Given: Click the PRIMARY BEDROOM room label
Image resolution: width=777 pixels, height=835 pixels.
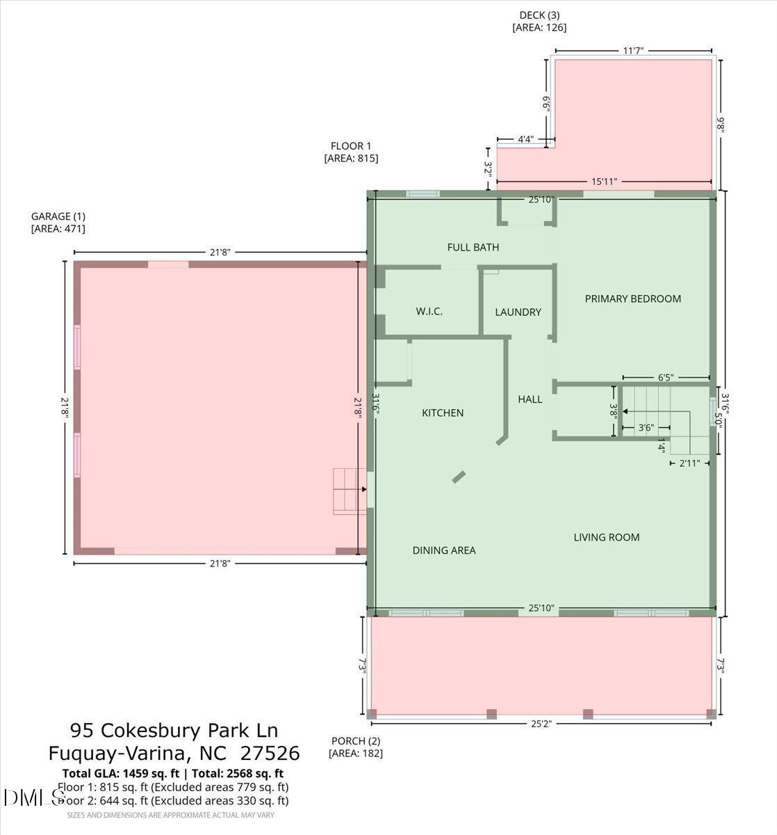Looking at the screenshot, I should pos(632,299).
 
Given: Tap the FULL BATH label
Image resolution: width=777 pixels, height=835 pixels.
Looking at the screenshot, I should pos(473,247).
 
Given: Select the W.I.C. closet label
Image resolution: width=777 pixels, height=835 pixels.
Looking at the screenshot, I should pos(429,311).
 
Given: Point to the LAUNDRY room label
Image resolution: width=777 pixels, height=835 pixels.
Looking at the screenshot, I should pos(518,312).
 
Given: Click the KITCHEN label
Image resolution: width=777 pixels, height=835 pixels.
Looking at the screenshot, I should pos(443,413).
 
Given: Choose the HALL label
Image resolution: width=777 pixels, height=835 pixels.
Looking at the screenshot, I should pos(530,399).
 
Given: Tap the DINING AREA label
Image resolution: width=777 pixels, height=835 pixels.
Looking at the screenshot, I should pos(444,550).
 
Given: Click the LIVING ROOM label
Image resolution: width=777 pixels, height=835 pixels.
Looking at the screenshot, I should pos(606,537).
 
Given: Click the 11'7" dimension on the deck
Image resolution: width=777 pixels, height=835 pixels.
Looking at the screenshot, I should pos(633,50).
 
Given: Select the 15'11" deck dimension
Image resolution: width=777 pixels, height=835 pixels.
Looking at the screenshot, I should pos(604,182).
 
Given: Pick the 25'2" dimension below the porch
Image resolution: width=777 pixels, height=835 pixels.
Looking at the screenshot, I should pos(541,724).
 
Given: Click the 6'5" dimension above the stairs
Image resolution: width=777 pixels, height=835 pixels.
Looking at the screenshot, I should pos(665,378).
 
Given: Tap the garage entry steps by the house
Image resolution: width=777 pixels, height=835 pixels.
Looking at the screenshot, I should pos(349,491).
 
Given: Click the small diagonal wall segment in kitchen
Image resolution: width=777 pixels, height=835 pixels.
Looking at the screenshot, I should pos(459,477).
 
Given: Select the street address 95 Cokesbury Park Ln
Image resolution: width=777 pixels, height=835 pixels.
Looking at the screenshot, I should pos(174,731).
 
